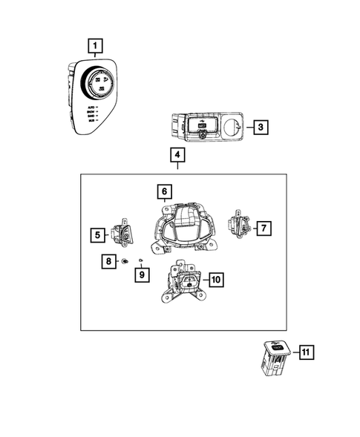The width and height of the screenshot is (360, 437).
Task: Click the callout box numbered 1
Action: (x=94, y=45)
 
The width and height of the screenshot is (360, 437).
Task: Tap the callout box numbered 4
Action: (x=177, y=156)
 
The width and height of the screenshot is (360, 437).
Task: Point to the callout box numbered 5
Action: (x=98, y=235)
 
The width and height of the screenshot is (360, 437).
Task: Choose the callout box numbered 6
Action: (x=163, y=193)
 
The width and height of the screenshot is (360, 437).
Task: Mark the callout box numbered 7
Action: (x=264, y=229)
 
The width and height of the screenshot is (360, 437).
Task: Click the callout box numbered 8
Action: (x=108, y=261)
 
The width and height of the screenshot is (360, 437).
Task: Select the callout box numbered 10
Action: (x=215, y=280)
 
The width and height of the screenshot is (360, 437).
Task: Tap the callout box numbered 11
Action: (x=304, y=352)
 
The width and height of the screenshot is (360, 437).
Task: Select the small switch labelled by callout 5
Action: (x=122, y=234)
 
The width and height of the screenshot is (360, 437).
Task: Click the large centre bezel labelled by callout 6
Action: (x=181, y=226)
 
